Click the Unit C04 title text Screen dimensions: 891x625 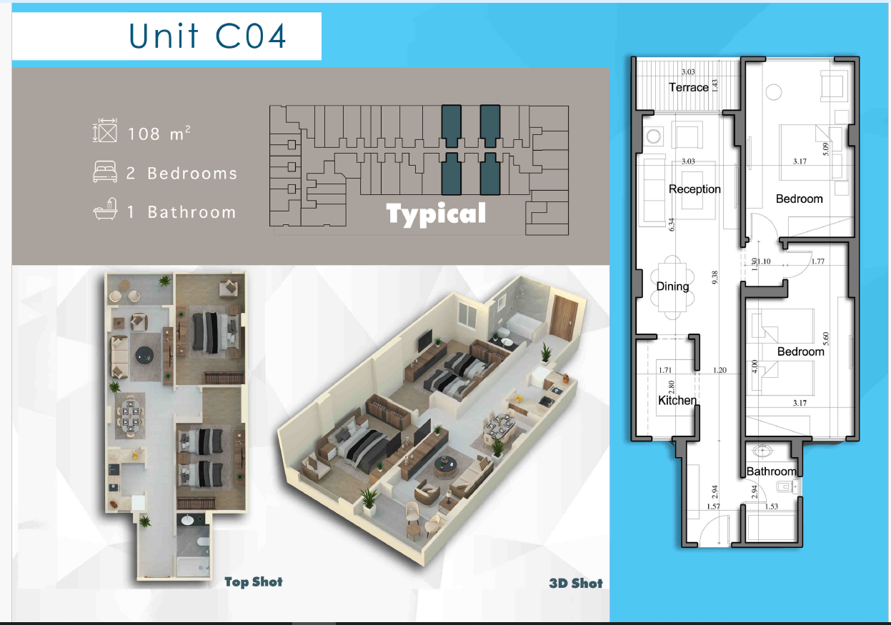click(207, 36)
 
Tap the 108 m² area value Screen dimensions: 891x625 click(159, 133)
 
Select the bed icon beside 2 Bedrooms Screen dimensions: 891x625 click(105, 171)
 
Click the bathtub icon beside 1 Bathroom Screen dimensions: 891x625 click(106, 209)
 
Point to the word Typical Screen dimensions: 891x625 click(436, 214)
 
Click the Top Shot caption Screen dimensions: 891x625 click(254, 581)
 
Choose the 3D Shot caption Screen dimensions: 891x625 click(576, 584)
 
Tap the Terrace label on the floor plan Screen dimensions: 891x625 click(689, 87)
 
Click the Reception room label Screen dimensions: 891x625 click(695, 189)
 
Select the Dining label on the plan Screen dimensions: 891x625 click(672, 286)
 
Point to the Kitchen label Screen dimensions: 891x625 click(677, 400)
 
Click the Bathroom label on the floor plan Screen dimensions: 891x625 click(771, 471)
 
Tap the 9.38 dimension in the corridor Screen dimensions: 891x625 click(715, 278)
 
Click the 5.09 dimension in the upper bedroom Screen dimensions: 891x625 click(826, 149)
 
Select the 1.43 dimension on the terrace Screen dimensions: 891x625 click(715, 86)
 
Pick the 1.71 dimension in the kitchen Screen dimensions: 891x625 click(665, 370)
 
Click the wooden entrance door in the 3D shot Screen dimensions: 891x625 click(564, 318)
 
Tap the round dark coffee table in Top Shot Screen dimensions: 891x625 click(144, 355)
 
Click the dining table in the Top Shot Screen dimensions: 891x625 click(130, 416)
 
